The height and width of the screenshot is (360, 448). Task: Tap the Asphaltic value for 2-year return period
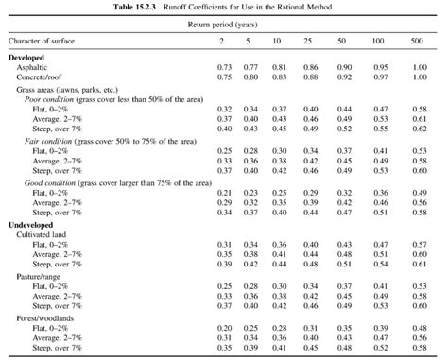coord(225,68)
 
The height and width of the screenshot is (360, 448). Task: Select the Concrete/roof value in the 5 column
coord(251,77)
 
